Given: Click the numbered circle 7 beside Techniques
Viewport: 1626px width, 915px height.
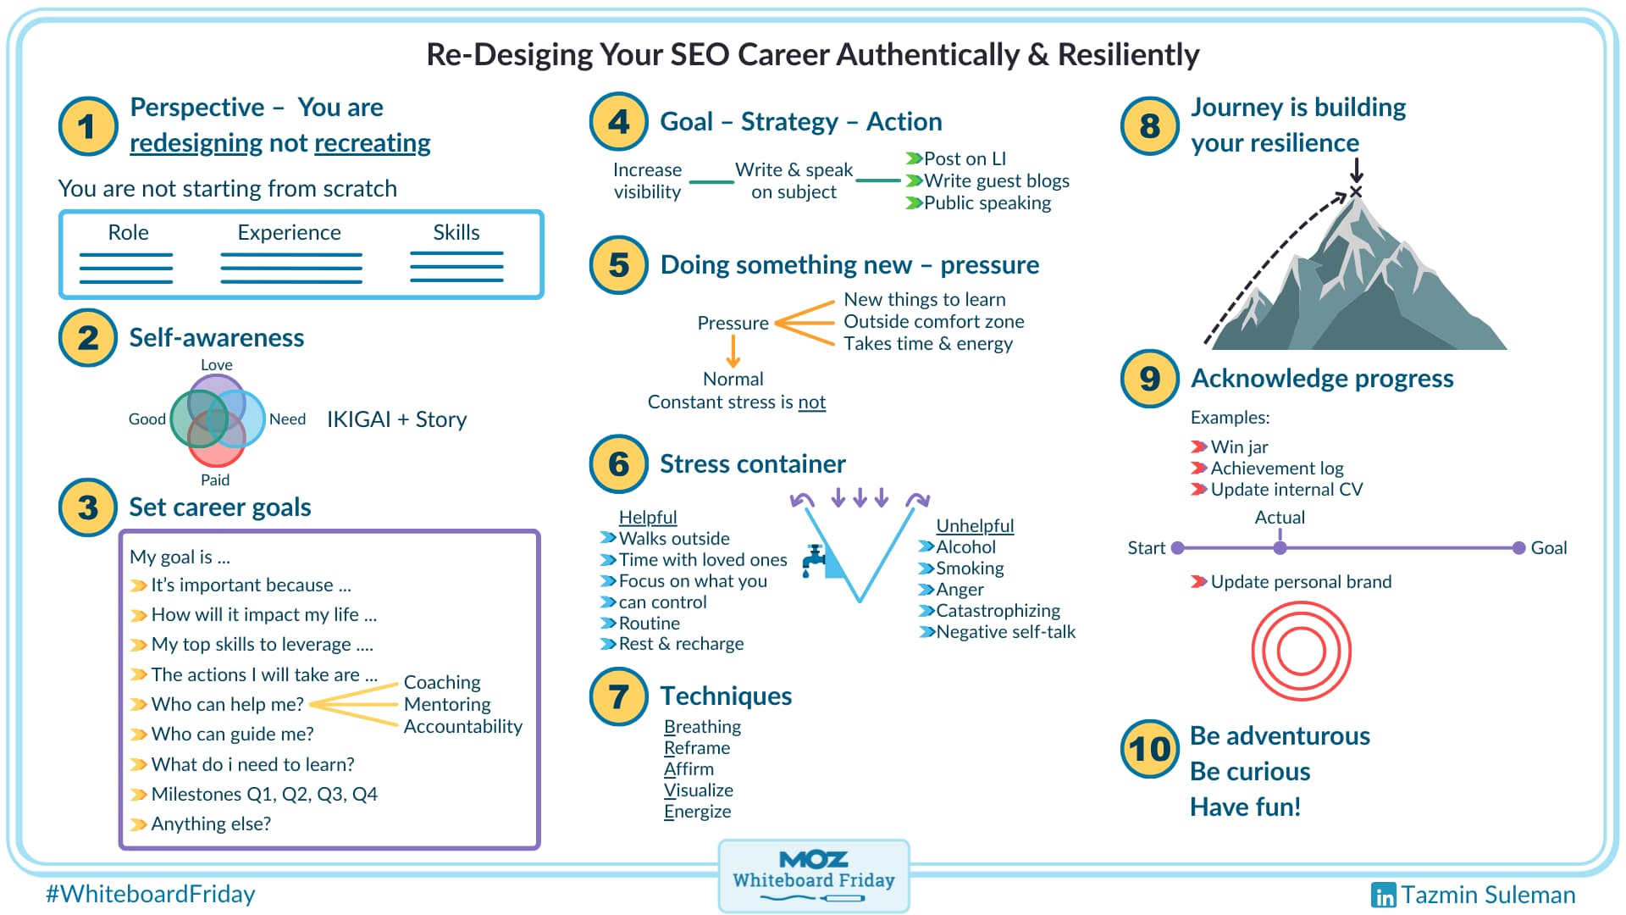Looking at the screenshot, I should pyautogui.click(x=618, y=696).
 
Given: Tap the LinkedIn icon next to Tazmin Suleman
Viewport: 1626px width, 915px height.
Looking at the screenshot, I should pyautogui.click(x=1383, y=895).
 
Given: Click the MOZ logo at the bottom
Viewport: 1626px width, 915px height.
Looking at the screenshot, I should pyautogui.click(x=813, y=860).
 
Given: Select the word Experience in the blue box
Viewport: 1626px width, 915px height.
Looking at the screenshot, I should pyautogui.click(x=289, y=232).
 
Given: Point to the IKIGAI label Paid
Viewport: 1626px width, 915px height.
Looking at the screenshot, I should pyautogui.click(x=215, y=480).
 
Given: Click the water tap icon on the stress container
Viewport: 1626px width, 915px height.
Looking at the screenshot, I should pyautogui.click(x=815, y=558).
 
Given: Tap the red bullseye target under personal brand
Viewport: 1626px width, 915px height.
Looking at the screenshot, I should pyautogui.click(x=1301, y=651).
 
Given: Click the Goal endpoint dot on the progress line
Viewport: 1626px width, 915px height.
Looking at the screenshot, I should pyautogui.click(x=1518, y=548).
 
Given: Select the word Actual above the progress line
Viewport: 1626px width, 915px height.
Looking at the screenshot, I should pyautogui.click(x=1279, y=517).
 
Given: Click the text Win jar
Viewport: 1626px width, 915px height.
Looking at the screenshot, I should pyautogui.click(x=1239, y=446).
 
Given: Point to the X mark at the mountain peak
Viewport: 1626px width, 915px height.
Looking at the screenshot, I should pyautogui.click(x=1355, y=192).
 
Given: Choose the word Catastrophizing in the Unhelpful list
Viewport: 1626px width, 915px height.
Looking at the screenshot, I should pyautogui.click(x=998, y=610).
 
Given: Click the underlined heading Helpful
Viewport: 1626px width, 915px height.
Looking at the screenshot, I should pyautogui.click(x=648, y=517).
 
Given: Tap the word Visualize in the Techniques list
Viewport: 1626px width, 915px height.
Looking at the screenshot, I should pyautogui.click(x=699, y=790).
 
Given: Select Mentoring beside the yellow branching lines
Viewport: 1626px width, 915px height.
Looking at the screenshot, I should pyautogui.click(x=447, y=704).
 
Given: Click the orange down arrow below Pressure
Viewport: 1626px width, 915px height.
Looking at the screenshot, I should pyautogui.click(x=733, y=351).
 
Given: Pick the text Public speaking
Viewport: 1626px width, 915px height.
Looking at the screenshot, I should pyautogui.click(x=987, y=202).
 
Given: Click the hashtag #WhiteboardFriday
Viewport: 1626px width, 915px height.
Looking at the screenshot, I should pyautogui.click(x=151, y=894).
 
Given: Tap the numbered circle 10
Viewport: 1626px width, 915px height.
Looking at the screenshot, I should pyautogui.click(x=1149, y=749).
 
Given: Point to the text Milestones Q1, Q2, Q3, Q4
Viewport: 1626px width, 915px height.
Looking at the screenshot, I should pyautogui.click(x=264, y=794).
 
